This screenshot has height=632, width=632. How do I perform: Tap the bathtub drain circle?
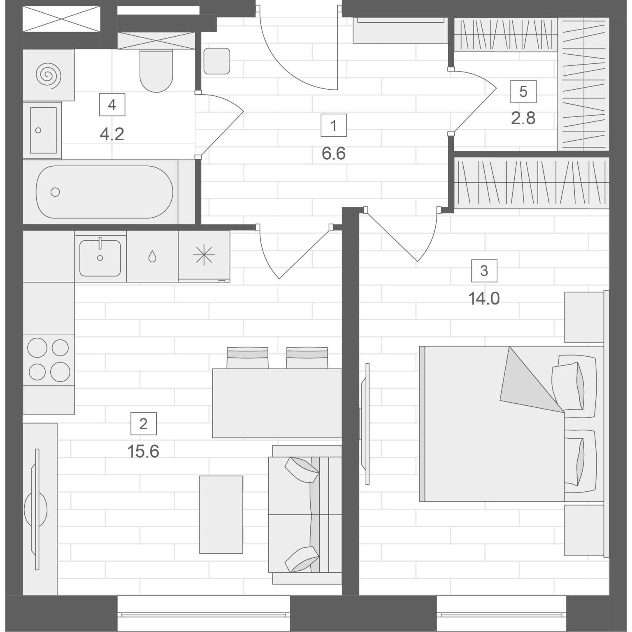click(x=55, y=192)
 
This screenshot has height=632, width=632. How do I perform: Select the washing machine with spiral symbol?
click(x=49, y=75)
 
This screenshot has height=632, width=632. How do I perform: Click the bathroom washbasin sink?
click(x=42, y=130)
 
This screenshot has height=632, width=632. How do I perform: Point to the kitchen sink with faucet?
click(x=100, y=257)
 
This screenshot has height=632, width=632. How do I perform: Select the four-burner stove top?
click(x=49, y=360)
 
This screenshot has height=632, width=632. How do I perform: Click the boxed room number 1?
click(x=334, y=125)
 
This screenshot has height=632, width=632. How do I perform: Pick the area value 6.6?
click(x=334, y=154)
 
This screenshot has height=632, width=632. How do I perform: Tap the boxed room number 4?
click(x=112, y=105)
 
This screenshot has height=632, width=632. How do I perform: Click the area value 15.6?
click(x=143, y=452)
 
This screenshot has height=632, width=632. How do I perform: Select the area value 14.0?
click(x=484, y=299)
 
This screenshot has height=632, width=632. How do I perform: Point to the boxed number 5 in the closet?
click(x=523, y=91)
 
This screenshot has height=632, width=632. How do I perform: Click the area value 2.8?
click(x=523, y=118)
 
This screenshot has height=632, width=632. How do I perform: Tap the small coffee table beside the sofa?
click(x=221, y=515)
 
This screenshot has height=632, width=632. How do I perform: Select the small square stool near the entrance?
click(x=217, y=61)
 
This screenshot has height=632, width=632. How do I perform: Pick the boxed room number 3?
click(x=484, y=271)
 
